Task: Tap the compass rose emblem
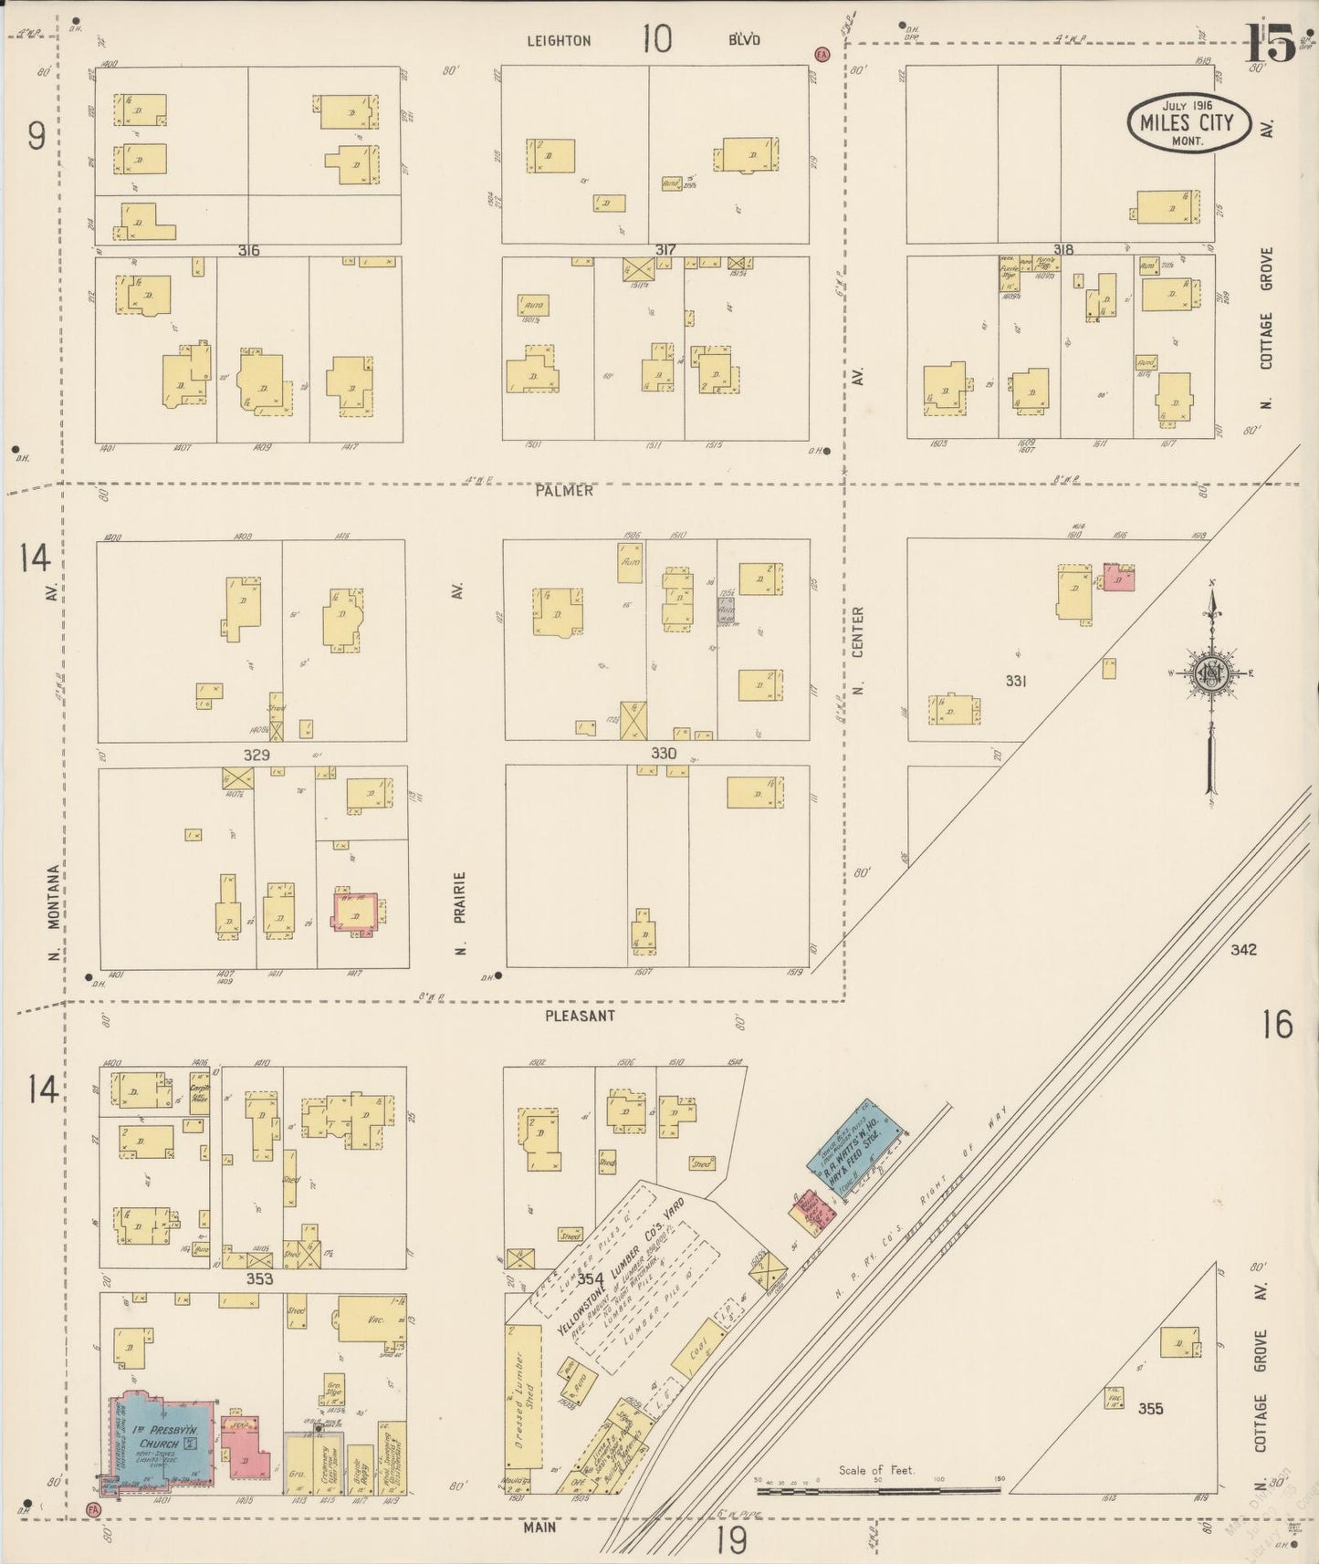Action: click(1210, 674)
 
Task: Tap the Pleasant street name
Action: click(580, 1016)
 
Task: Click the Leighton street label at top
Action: click(560, 41)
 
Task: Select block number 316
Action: click(247, 250)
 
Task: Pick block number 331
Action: click(1016, 681)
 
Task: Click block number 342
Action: click(1242, 950)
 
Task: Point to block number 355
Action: click(1150, 1408)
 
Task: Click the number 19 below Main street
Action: click(731, 1540)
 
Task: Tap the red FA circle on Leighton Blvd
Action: click(822, 55)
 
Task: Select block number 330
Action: click(664, 754)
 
